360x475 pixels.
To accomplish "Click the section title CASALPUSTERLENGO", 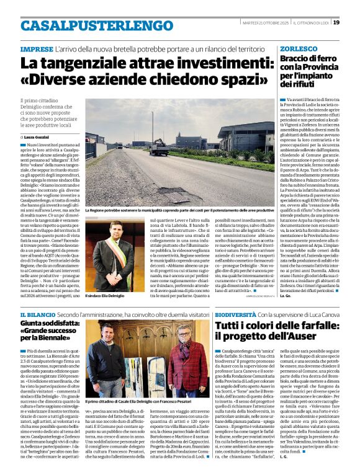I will click(88, 25).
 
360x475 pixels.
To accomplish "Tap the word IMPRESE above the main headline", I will click(36, 48).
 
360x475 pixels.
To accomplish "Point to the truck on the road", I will click(159, 147).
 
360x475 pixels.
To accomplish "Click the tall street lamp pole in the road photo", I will click(152, 127).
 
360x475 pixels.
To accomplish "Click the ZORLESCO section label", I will click(299, 48).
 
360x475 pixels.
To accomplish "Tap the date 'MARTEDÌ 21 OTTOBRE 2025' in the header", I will click(264, 23).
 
